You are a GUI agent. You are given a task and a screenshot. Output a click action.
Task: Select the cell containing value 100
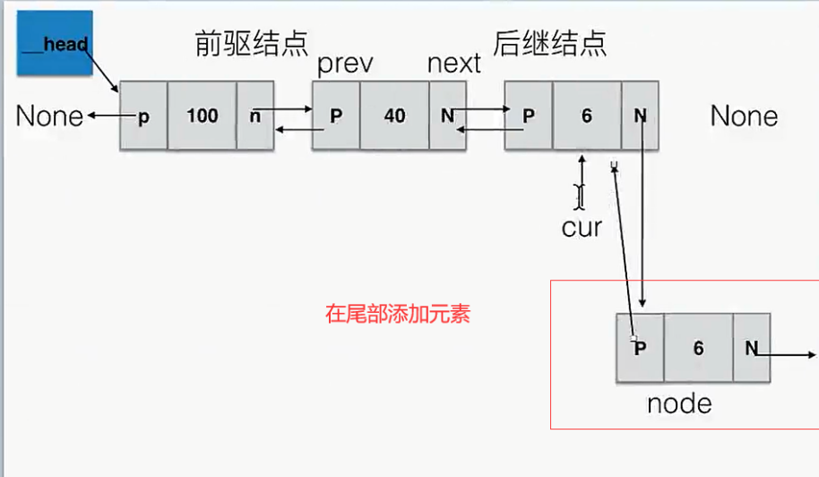coord(203,116)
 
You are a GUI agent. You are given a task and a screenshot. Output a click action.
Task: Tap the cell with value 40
coord(394,116)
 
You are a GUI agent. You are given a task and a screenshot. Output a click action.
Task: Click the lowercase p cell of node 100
coord(143,116)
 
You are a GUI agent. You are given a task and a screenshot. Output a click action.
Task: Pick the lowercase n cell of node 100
coord(255,116)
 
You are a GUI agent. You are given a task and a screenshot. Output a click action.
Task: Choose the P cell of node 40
coord(336,116)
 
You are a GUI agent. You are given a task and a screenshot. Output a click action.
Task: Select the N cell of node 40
coord(447,116)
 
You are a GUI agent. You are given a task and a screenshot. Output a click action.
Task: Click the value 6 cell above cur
coord(586,116)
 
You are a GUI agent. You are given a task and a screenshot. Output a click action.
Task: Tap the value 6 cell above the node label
coord(698,348)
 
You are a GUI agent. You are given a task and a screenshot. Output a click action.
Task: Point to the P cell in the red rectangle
coord(640,348)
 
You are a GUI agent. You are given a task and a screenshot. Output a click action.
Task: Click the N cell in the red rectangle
coord(751,348)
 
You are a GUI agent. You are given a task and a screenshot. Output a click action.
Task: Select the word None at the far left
coord(50,116)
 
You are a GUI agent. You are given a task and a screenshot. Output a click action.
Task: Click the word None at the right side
coord(744,116)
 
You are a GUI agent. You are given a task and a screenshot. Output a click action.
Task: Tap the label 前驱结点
coord(251,43)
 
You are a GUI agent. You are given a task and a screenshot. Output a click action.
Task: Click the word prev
coord(345,65)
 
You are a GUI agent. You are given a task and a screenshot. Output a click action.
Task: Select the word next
coord(454,65)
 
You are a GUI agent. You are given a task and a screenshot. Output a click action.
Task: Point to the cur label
coord(582,227)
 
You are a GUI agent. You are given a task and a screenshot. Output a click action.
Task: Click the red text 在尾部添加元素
coord(397,315)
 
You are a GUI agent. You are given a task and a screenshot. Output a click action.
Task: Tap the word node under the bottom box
coord(679,403)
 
